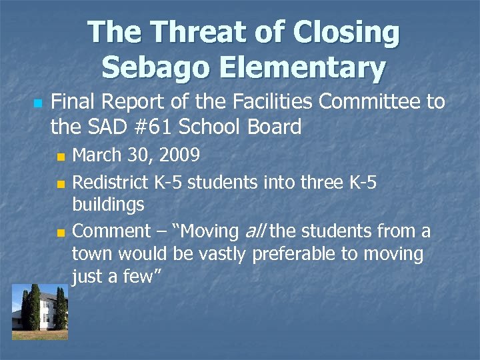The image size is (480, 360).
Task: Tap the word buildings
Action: [108, 205]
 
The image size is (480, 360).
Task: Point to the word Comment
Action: [111, 231]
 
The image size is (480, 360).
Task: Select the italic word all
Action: [253, 231]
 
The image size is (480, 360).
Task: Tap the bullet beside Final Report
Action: [37, 104]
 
